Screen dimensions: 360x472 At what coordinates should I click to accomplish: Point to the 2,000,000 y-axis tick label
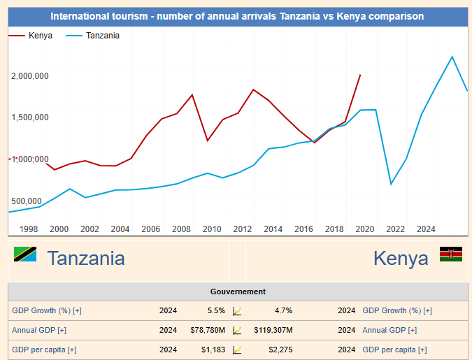point(30,75)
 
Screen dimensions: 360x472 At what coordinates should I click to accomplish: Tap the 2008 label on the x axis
point(181,229)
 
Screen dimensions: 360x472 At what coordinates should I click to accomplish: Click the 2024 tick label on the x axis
point(426,229)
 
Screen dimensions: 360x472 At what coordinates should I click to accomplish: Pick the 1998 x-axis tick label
point(29,229)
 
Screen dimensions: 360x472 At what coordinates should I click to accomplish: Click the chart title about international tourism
point(237,16)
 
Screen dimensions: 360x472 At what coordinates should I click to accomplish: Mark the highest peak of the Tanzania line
point(452,57)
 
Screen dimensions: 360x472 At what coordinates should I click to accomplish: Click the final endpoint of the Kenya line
point(360,75)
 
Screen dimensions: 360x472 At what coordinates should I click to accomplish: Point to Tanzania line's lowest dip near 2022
point(391,185)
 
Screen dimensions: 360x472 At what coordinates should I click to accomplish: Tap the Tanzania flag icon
point(25,254)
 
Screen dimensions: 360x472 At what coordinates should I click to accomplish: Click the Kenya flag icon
point(451,254)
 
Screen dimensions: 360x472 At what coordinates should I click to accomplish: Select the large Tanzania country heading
point(86,259)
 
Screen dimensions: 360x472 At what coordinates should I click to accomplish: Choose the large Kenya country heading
point(401,259)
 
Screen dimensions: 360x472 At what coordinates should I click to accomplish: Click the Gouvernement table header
point(238,291)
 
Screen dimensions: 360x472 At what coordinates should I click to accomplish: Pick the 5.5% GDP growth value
point(216,310)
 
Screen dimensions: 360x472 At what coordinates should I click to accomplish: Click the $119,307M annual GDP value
point(273,330)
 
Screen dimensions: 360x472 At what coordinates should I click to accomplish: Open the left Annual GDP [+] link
point(39,330)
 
